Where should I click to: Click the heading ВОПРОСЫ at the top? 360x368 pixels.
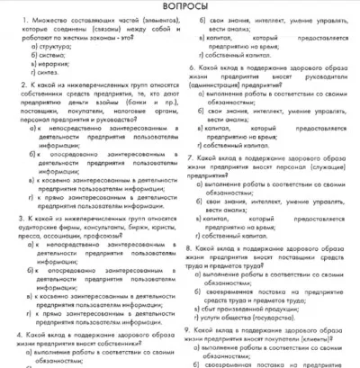click(x=180, y=8)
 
